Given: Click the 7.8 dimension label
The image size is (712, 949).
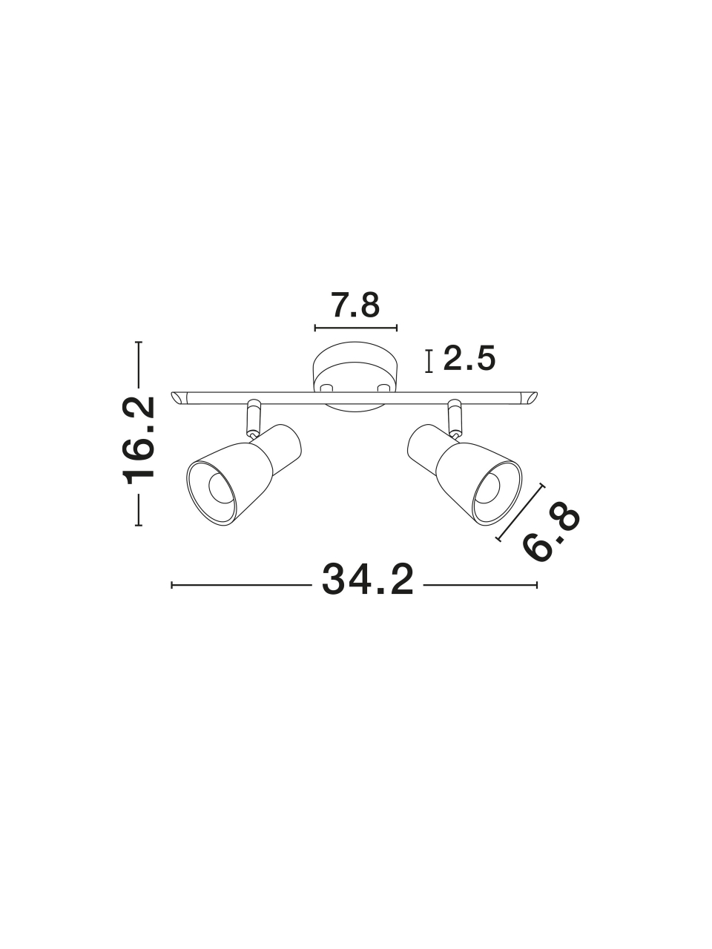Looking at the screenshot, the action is (x=355, y=305).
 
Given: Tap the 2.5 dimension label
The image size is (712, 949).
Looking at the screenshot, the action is (x=469, y=358).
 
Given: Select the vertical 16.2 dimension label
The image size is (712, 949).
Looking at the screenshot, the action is (x=139, y=440).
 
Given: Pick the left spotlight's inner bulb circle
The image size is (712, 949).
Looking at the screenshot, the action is (x=222, y=487).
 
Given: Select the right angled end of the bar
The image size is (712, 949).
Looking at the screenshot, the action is (x=530, y=398).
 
